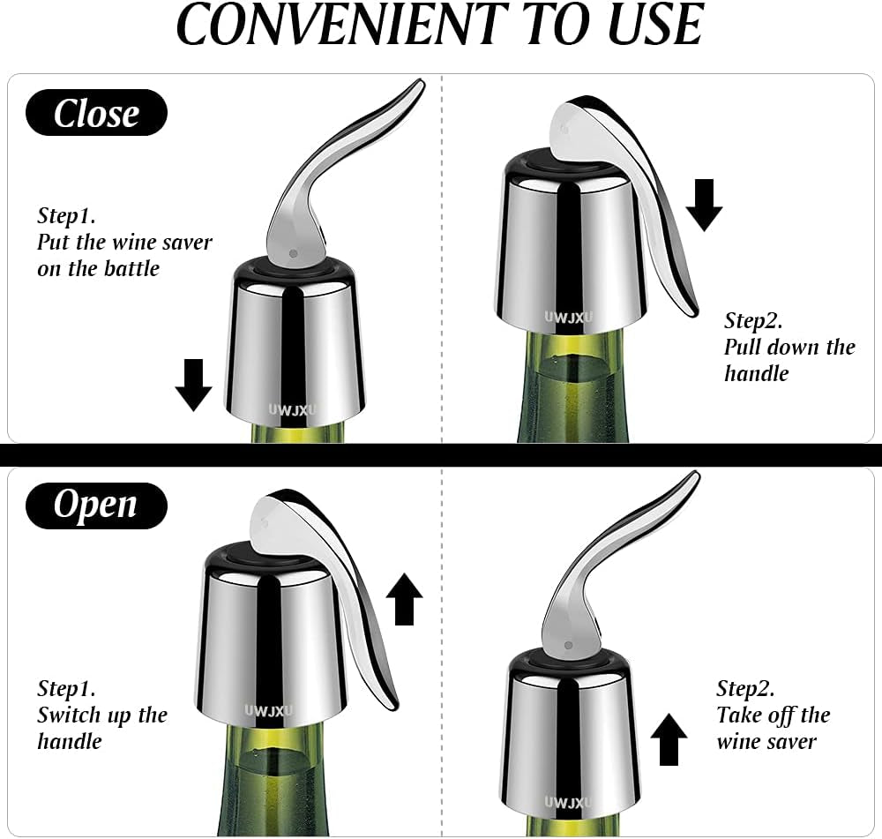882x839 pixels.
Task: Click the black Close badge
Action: (96, 113)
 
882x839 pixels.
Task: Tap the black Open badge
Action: (96, 506)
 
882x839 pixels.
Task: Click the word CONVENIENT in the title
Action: (342, 25)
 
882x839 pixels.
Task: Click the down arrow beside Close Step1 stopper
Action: (193, 385)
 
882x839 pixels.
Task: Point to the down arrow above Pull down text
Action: (704, 206)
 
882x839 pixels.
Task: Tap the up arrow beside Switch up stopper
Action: (405, 599)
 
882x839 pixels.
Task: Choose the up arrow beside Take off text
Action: (669, 739)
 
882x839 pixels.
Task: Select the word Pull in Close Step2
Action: (742, 348)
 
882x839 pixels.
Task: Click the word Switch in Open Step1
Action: (69, 715)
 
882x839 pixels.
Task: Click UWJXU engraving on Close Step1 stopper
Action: (293, 410)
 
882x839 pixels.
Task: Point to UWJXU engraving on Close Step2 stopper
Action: (569, 318)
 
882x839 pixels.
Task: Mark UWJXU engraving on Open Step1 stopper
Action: (269, 711)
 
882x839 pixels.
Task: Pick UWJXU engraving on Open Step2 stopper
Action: (568, 803)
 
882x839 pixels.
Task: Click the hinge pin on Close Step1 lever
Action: (293, 254)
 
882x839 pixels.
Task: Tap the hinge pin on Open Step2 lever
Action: (568, 645)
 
